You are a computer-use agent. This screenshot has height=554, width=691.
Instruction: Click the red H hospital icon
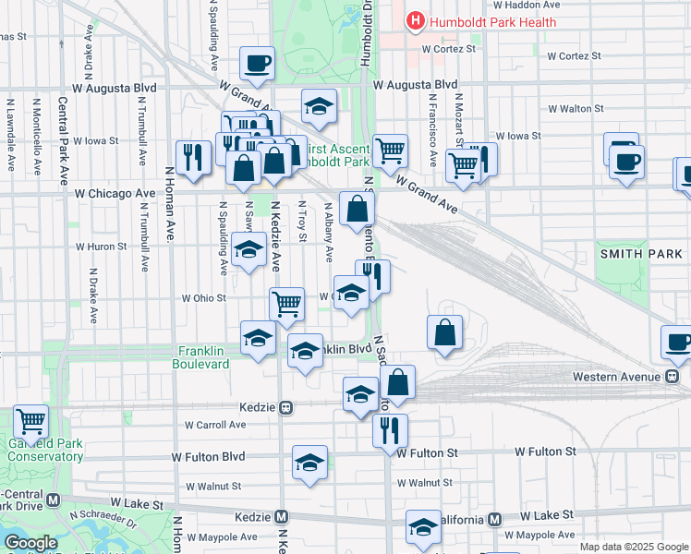pos(417,21)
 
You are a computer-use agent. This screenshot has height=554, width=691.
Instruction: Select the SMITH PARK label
pos(641,253)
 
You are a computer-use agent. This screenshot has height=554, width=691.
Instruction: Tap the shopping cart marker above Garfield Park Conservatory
pos(30,422)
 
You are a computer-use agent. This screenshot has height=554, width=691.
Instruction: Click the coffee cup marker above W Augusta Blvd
pos(257,63)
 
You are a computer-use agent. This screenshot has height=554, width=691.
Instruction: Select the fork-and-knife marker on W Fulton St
pos(390,429)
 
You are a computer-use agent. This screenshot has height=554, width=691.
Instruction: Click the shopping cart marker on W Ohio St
pos(287,302)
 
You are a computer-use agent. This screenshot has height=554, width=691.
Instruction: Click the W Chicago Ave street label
pos(115,194)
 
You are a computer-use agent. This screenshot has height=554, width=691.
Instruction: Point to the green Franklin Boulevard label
pos(200,357)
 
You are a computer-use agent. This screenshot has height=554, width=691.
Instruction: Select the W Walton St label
pos(576,108)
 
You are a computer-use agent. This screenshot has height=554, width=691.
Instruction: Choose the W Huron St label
pos(101,247)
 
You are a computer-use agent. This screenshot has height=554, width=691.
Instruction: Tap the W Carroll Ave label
pos(215,425)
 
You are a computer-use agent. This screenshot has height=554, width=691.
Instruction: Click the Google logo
pos(30,543)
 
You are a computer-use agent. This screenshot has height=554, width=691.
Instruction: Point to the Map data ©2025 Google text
pos(634,547)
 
